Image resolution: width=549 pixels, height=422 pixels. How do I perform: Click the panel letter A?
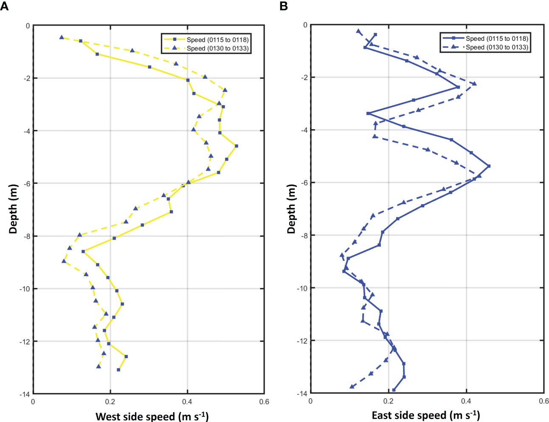pyautogui.click(x=5, y=6)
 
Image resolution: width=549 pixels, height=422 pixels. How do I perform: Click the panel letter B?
pyautogui.click(x=284, y=6)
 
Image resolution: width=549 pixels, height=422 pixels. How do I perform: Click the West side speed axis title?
pyautogui.click(x=152, y=416)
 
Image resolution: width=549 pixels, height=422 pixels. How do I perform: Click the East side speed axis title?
pyautogui.click(x=426, y=415)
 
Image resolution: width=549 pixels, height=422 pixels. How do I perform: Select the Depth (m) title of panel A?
pyautogui.click(x=13, y=209)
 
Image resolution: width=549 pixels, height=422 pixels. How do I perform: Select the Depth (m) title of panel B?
pyautogui.click(x=291, y=209)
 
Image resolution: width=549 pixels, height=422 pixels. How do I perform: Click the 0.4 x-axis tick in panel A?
pyautogui.click(x=187, y=402)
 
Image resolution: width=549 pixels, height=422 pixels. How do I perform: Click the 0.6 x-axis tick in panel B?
pyautogui.click(x=543, y=401)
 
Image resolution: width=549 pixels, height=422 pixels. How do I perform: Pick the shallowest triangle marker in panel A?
pyautogui.click(x=62, y=37)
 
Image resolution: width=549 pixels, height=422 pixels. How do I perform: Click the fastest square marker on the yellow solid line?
pyautogui.click(x=236, y=146)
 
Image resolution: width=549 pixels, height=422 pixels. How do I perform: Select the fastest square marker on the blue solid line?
pyautogui.click(x=489, y=166)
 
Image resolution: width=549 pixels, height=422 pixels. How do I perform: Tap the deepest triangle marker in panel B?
pyautogui.click(x=352, y=386)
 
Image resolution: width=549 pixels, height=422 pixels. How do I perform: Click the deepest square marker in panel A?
pyautogui.click(x=118, y=370)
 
